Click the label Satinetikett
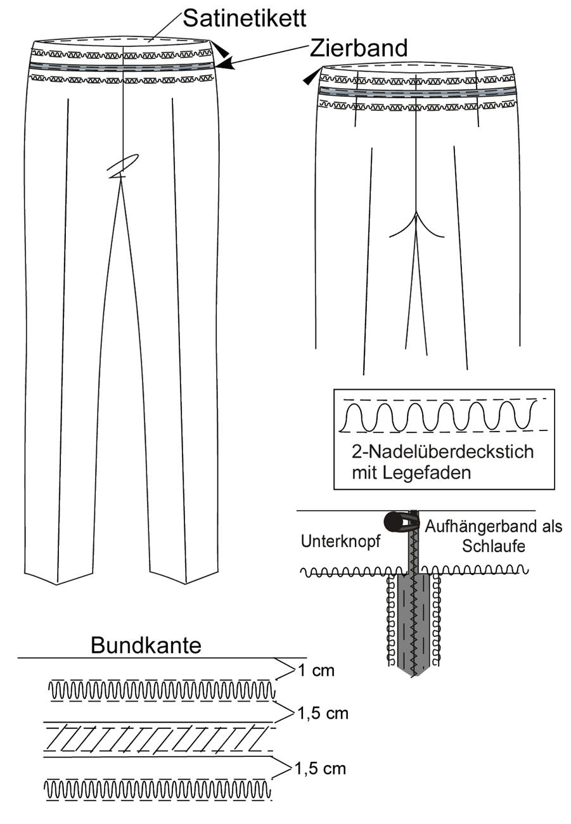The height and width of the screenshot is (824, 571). point(244,18)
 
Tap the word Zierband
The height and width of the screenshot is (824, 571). point(359,48)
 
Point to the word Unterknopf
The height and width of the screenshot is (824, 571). point(340,541)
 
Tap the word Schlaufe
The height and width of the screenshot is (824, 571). point(494,546)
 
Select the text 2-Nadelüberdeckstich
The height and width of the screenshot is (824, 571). point(442,452)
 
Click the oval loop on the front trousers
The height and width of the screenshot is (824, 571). point(123,164)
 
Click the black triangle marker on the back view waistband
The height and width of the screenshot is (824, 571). point(310,77)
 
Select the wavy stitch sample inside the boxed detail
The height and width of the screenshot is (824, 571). point(437,416)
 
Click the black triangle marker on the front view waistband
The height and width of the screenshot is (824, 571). point(222,51)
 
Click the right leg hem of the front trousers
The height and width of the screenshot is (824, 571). point(184,577)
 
